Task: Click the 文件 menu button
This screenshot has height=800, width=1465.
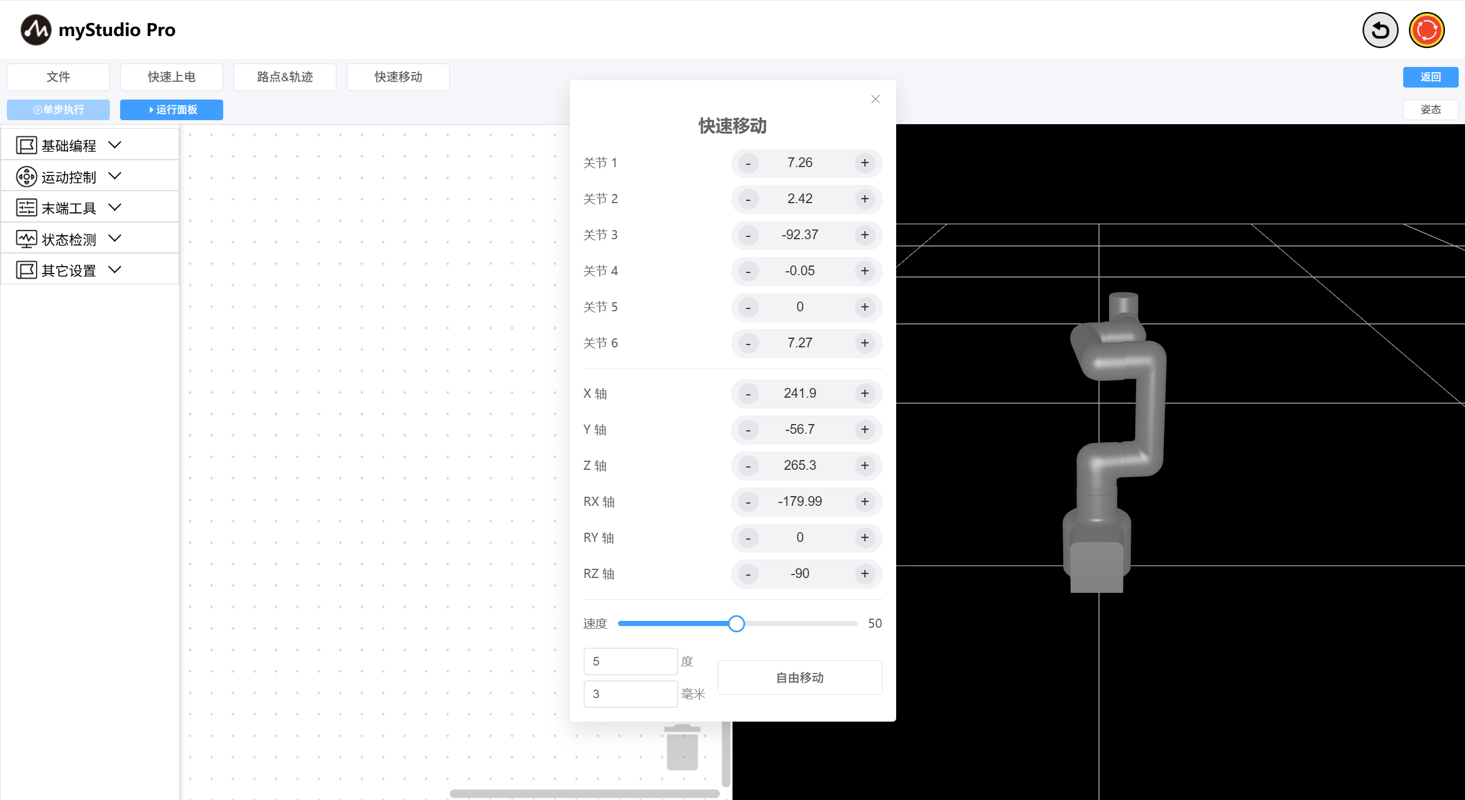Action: tap(58, 77)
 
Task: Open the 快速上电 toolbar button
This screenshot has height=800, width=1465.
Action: tap(171, 77)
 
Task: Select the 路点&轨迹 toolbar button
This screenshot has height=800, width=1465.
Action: tap(284, 77)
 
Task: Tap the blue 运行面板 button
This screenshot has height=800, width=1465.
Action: tap(171, 110)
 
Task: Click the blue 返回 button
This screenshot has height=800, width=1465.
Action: tap(1430, 77)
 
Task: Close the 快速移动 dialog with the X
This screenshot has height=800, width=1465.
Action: tap(875, 100)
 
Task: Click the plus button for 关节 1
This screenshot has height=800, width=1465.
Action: tap(864, 163)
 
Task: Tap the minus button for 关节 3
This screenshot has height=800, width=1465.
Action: tap(748, 235)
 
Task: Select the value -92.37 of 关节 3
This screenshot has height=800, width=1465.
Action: tap(799, 235)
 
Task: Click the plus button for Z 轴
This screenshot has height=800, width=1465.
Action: tap(864, 466)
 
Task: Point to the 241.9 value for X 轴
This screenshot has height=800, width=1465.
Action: tap(799, 394)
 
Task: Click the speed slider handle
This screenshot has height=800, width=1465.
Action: tap(737, 624)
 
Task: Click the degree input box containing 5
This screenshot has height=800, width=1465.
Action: tap(630, 662)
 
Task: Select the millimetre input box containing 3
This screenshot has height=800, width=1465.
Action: tap(630, 694)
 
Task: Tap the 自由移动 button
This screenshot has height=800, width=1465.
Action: tap(799, 678)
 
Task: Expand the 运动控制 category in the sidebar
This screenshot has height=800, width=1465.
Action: tap(69, 177)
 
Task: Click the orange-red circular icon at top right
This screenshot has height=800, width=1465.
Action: tap(1426, 30)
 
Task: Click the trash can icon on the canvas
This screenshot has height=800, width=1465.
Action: tap(682, 747)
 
